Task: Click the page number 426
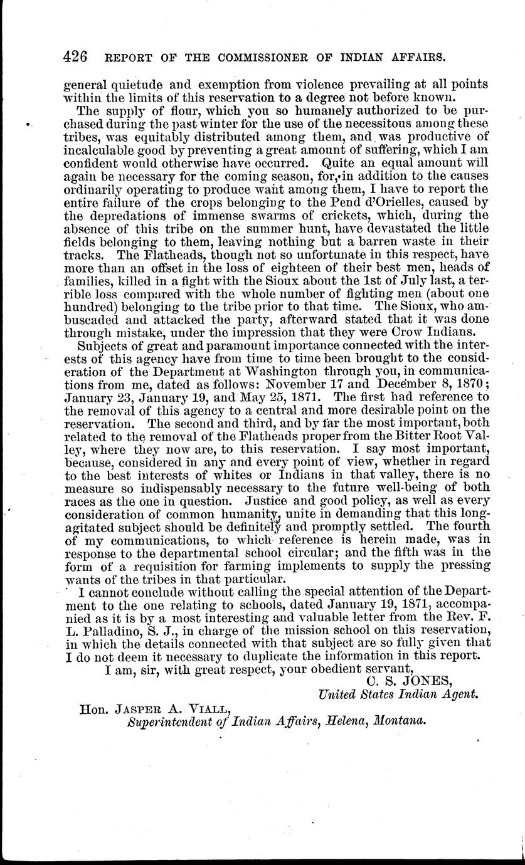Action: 77,56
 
